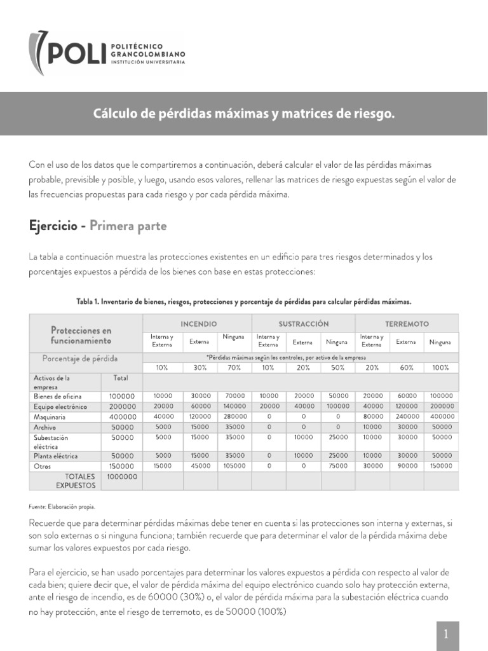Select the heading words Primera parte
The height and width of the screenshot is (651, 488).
[x=128, y=226]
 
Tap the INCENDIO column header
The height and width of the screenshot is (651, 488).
[x=198, y=324]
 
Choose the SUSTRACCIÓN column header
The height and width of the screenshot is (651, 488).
[x=303, y=324]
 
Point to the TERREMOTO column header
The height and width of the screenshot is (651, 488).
[x=407, y=324]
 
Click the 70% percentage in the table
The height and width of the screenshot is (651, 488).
[x=234, y=367]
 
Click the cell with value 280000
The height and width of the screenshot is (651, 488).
[x=234, y=417]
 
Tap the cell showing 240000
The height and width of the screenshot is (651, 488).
[x=406, y=417]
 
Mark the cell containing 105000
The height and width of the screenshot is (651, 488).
[x=234, y=465]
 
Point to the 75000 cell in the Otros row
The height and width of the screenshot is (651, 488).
[x=337, y=465]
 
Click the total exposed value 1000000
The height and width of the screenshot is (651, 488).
[x=121, y=476]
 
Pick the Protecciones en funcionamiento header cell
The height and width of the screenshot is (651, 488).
[x=80, y=336]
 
